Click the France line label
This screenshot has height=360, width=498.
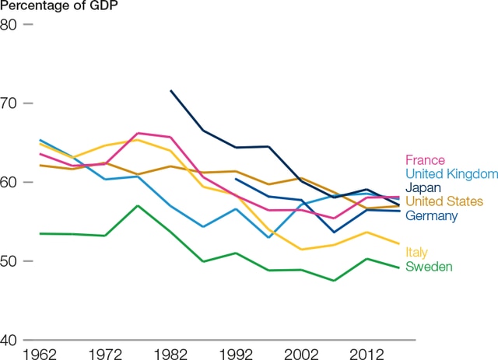pos(425,159)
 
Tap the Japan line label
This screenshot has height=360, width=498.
pos(423,187)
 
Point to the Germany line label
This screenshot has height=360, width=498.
pos(431,215)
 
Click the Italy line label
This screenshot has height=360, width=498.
pos(416,252)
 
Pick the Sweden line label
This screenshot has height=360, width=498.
pos(429,267)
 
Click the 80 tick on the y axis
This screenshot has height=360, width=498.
pos(10,24)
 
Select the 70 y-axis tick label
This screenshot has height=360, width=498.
pos(10,103)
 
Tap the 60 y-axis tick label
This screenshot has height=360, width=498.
pos(10,182)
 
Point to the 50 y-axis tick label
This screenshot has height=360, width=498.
pos(10,261)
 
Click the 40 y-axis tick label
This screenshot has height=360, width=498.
pos(10,340)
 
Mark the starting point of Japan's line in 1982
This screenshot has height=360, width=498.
pos(170,91)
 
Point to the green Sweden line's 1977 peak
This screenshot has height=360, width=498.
pos(138,206)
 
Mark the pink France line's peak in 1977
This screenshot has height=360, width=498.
pos(138,133)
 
